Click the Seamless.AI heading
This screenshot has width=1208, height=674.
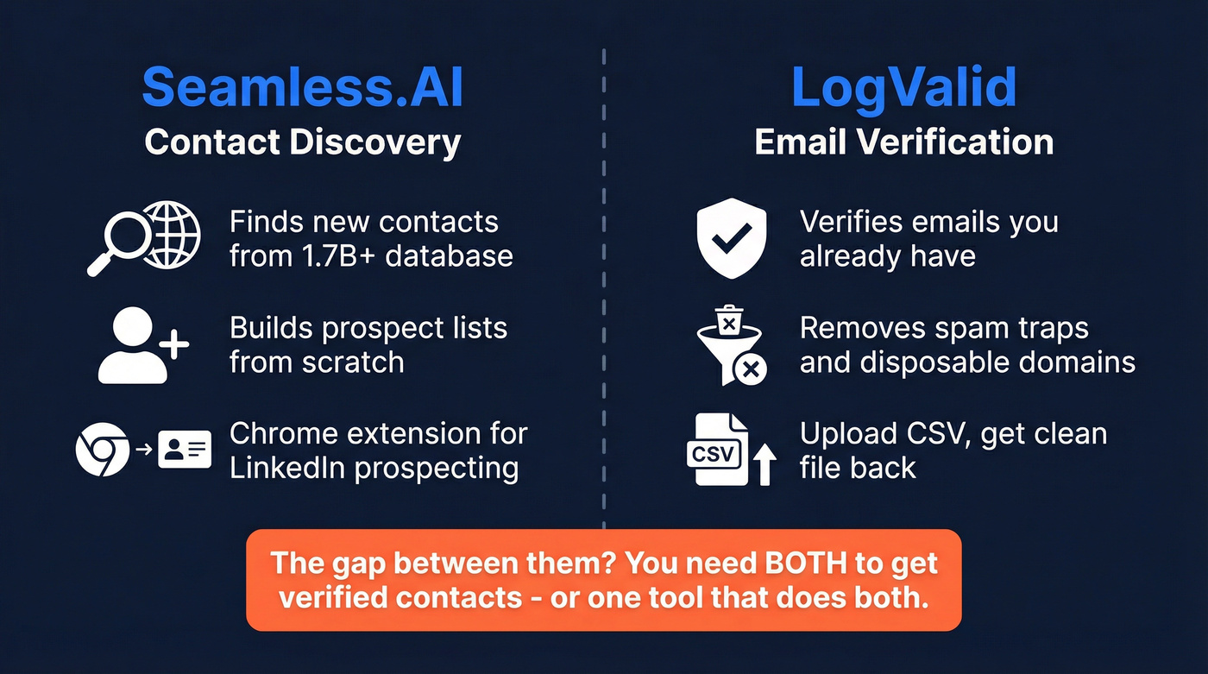[302, 87]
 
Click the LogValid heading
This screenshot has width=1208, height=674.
[903, 87]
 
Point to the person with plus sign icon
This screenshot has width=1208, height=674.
[142, 346]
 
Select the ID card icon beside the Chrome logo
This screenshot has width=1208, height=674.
[186, 450]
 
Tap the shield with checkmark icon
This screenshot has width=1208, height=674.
[731, 238]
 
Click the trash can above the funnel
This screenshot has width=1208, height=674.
[730, 322]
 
